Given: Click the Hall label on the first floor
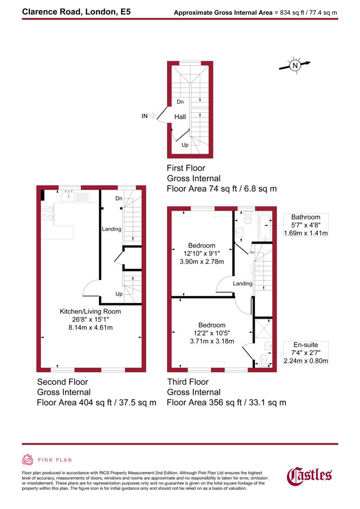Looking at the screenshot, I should (x=180, y=117).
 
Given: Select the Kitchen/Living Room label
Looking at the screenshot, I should (x=90, y=312).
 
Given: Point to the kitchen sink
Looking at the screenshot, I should (x=69, y=195).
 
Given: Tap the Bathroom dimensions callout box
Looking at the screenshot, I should (x=305, y=225).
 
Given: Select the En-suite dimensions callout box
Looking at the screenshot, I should (x=305, y=353).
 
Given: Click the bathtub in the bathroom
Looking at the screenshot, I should (x=264, y=225).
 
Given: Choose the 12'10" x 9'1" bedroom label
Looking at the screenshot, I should (x=202, y=253).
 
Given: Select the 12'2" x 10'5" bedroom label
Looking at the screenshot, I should (x=211, y=333).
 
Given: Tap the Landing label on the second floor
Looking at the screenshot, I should (x=112, y=230).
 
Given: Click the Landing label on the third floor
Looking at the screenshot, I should (x=243, y=284).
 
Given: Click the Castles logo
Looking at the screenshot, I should (x=310, y=475).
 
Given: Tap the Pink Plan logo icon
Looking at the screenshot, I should (x=28, y=460).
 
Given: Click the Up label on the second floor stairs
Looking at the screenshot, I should (x=119, y=294).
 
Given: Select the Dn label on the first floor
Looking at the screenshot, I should (x=180, y=102).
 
